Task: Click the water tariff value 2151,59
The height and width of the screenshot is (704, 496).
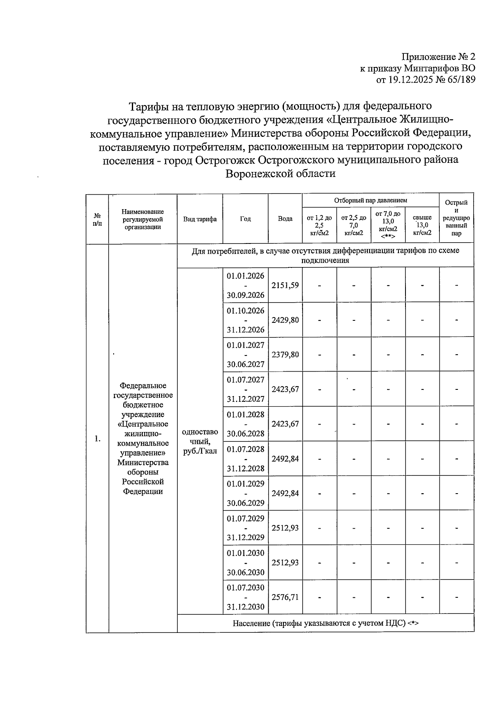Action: pos(285,285)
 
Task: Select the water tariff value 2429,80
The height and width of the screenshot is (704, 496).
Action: pos(285,320)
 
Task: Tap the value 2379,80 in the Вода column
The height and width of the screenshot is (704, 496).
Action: pos(285,355)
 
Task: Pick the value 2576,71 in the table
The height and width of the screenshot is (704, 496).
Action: pos(285,597)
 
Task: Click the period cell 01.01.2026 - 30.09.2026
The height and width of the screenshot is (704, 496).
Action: pos(246,285)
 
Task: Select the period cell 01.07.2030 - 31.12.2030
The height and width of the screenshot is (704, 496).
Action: pos(246,597)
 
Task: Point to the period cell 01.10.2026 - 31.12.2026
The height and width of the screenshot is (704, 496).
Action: pos(246,320)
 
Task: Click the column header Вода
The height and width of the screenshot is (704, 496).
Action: pos(285,219)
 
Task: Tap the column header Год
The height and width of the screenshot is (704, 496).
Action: pos(246,219)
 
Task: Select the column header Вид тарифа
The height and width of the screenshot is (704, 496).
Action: pos(200,219)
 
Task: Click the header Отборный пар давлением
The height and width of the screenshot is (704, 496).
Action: pos(370,200)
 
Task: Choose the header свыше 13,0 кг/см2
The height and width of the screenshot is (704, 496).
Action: pos(422,225)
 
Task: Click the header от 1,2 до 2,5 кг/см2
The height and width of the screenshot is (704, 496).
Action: pos(319,225)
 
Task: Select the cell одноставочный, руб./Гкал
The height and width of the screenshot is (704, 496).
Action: pos(200,441)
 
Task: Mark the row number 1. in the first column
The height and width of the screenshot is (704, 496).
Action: pos(97,439)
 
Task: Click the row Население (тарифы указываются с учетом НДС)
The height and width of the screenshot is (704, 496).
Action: pos(325,623)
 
